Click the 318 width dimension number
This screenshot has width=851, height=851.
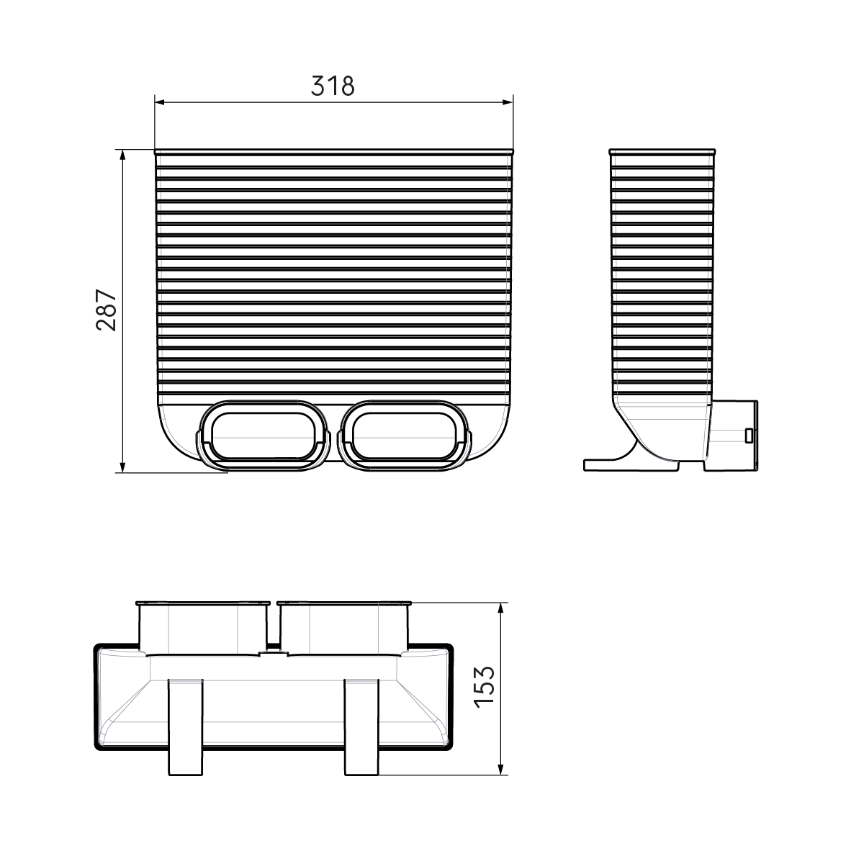click(x=333, y=86)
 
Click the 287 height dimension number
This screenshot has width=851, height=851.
click(x=106, y=310)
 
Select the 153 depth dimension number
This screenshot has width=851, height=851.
click(x=485, y=688)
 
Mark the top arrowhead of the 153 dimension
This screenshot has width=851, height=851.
click(x=502, y=607)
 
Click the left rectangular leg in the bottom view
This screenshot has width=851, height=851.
click(x=185, y=727)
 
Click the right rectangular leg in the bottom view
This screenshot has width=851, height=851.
click(x=361, y=727)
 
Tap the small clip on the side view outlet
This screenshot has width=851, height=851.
click(x=749, y=435)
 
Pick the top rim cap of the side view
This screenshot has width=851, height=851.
click(x=662, y=152)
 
